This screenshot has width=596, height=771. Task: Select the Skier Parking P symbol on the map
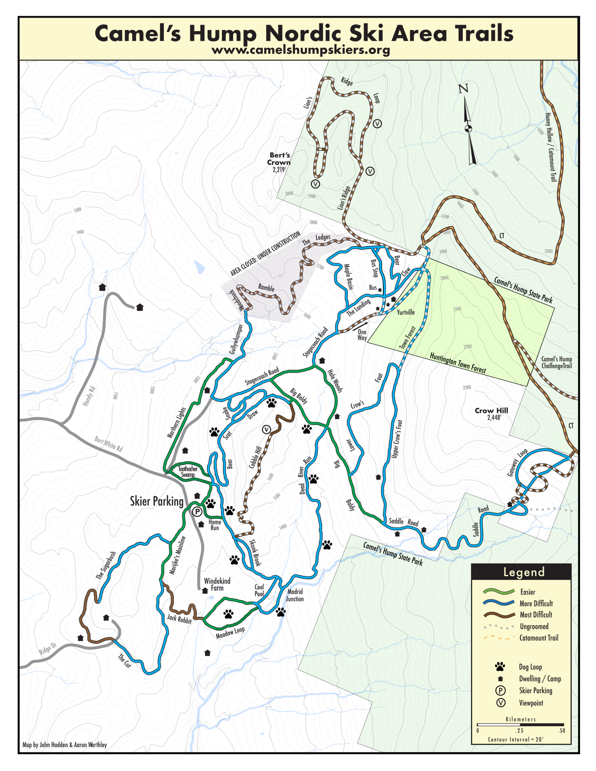click(x=197, y=511)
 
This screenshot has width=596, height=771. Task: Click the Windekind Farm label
click(x=217, y=584)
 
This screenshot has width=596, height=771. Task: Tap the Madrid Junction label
click(x=295, y=595)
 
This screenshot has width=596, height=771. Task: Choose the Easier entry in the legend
click(x=528, y=592)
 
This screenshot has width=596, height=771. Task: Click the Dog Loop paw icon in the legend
click(x=500, y=666)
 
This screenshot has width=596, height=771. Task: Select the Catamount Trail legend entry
click(x=538, y=638)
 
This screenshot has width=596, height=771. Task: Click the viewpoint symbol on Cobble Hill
click(x=266, y=430)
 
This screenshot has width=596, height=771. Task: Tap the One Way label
click(x=362, y=335)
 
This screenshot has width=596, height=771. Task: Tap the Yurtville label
click(x=406, y=312)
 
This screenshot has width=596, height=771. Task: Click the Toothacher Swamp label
click(x=188, y=472)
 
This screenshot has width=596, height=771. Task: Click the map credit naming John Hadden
click(x=65, y=744)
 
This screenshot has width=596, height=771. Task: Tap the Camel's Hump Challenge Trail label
click(x=557, y=363)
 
